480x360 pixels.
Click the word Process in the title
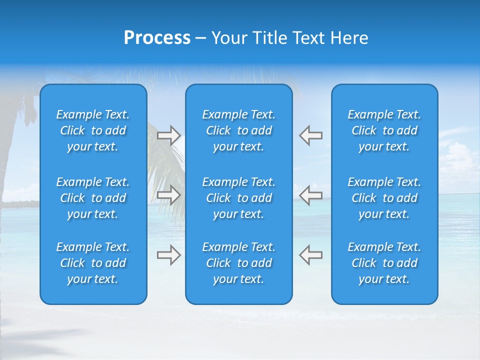coord(157,38)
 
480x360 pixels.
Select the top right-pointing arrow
coord(168,135)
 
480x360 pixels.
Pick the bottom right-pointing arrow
coord(168,255)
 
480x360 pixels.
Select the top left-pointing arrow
coord(310,135)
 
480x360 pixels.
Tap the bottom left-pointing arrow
coord(310,255)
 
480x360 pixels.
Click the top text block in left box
coord(93,130)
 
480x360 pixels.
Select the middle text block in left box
coord(93,198)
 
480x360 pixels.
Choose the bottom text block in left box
coord(93,263)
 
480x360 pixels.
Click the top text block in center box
coord(238,130)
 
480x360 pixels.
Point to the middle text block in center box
coord(238,198)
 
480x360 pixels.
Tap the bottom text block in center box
coord(238,263)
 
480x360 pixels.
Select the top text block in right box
coord(384,130)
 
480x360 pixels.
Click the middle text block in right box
coord(384,198)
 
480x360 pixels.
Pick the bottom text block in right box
coord(384,263)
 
